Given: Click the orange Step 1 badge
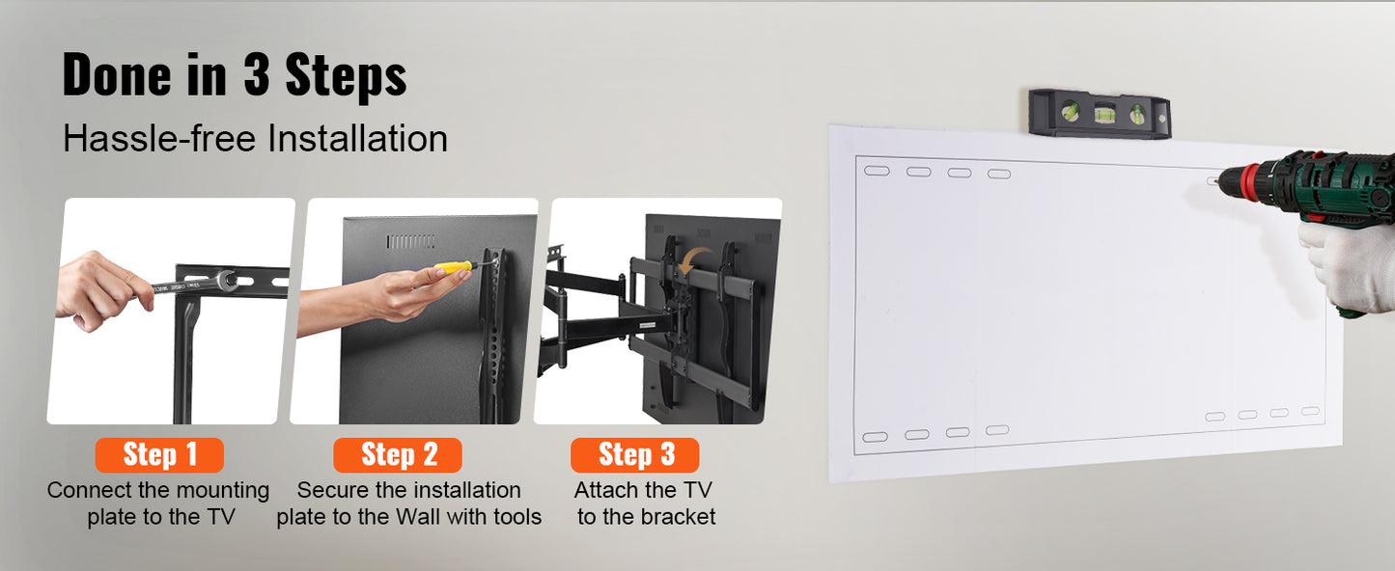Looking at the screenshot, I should pyautogui.click(x=159, y=454).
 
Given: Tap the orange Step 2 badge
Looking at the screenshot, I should pyautogui.click(x=398, y=454).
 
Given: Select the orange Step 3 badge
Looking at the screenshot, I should pyautogui.click(x=635, y=454).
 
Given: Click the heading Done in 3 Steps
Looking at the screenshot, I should pyautogui.click(x=235, y=75).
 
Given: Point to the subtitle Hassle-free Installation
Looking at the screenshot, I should pyautogui.click(x=255, y=139).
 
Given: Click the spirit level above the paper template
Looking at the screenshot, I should pyautogui.click(x=1099, y=113).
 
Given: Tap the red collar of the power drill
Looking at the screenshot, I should pyautogui.click(x=1251, y=179).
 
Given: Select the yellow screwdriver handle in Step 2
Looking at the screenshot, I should pyautogui.click(x=452, y=266).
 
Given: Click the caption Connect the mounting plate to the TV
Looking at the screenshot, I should pyautogui.click(x=159, y=503).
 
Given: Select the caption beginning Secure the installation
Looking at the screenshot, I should pyautogui.click(x=408, y=503).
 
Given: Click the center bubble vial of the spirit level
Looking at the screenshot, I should pyautogui.click(x=1102, y=113).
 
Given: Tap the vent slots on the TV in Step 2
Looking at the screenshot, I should pyautogui.click(x=411, y=241).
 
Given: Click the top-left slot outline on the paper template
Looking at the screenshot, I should pyautogui.click(x=877, y=171).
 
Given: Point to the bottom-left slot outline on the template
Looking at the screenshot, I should pyautogui.click(x=875, y=437).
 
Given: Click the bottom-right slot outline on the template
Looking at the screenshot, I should pyautogui.click(x=1310, y=411).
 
